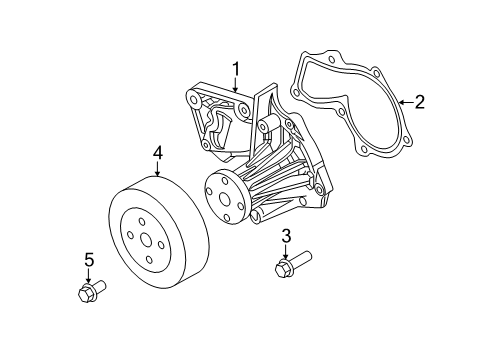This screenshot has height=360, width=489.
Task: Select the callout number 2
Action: (419, 101)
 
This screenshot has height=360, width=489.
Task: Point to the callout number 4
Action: (157, 153)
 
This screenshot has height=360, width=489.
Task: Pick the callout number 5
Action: (88, 261)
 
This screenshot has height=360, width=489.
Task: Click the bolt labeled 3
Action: (287, 268)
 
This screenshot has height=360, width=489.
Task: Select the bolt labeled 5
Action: (90, 293)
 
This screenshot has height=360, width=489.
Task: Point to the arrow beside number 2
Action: (404, 101)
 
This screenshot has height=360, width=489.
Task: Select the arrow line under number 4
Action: (157, 168)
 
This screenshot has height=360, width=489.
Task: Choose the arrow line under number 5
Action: (88, 276)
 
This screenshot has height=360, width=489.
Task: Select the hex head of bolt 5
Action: (84, 294)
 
